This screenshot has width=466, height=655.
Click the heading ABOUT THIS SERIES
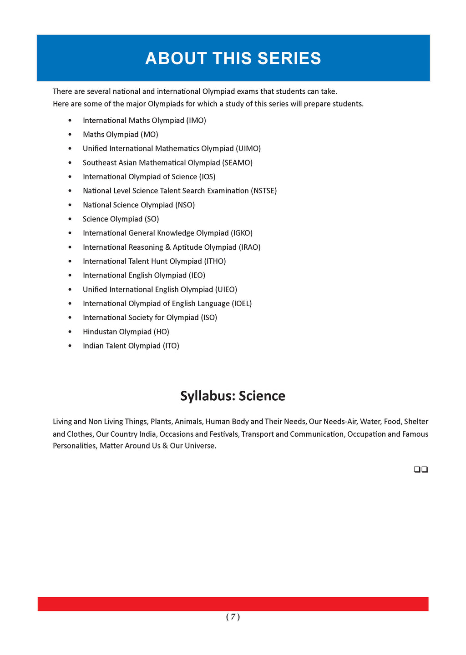pos(233,59)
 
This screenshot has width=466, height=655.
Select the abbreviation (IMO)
pos(196,121)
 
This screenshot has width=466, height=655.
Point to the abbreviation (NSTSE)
pos(263,191)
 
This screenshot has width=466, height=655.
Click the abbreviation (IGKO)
pos(242,233)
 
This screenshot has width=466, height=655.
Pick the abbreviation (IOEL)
pos(242,304)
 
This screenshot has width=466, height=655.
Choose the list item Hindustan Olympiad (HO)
pos(126,332)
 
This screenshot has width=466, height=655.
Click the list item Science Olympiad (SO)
pos(121,219)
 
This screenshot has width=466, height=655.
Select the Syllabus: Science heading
pos(233,396)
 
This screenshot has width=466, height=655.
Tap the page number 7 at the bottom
pos(233,617)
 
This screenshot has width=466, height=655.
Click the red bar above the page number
pos(233,604)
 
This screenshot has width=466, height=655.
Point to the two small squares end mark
pos(421,469)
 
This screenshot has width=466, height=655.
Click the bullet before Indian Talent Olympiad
pos(70,346)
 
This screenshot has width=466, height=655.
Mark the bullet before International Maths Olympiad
pos(70,121)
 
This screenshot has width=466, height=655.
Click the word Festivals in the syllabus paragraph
pos(224,434)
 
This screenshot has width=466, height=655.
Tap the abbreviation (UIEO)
pos(226,290)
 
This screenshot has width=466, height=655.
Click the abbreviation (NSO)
pos(185,205)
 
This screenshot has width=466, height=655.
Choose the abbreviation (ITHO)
pos(215,262)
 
